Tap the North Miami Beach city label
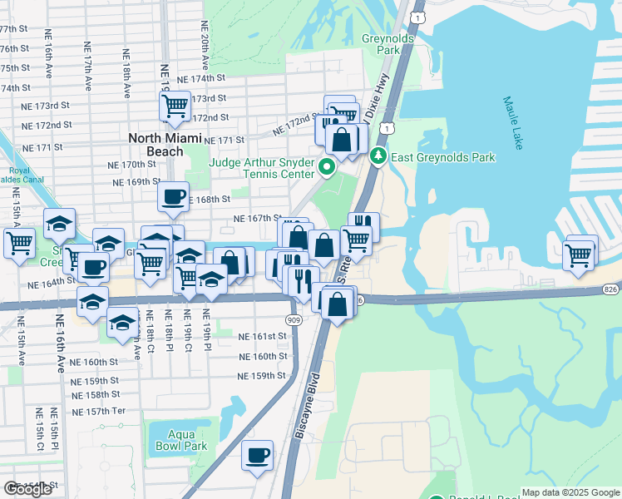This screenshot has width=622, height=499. pyautogui.click(x=155, y=145)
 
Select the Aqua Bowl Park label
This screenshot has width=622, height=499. pyautogui.click(x=180, y=440)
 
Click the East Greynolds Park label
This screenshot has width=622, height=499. pyautogui.click(x=445, y=157)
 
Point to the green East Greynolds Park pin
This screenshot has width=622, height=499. pyautogui.click(x=378, y=156)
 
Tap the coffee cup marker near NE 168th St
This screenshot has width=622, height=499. pyautogui.click(x=173, y=197)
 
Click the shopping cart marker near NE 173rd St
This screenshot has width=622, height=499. pyautogui.click(x=175, y=106)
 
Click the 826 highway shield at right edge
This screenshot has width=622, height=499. pyautogui.click(x=611, y=289)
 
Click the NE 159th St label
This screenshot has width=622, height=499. pyautogui.click(x=261, y=375)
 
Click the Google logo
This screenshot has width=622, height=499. pyautogui.click(x=27, y=489)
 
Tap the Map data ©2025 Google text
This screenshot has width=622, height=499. pyautogui.click(x=570, y=492)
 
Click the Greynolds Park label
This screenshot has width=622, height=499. pyautogui.click(x=382, y=44)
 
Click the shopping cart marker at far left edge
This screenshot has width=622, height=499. pyautogui.click(x=19, y=244)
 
